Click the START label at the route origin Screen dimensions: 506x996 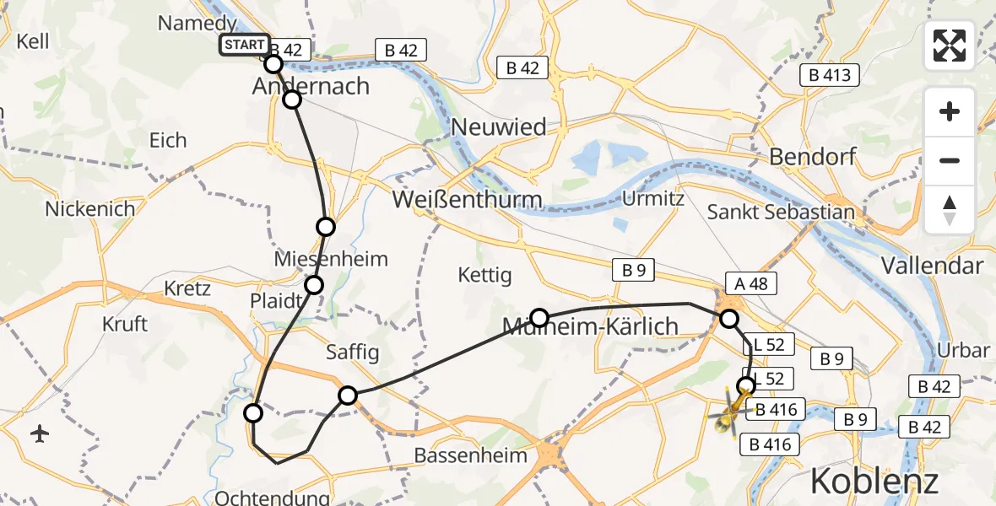[x=245, y=45]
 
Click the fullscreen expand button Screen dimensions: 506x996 [x=950, y=46]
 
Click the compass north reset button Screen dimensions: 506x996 [x=950, y=209]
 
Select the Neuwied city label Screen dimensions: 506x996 [x=499, y=127]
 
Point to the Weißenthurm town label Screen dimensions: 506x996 [x=467, y=200]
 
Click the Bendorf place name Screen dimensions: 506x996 [x=813, y=157]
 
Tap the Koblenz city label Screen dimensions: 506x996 [x=874, y=482]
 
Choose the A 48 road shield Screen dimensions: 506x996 [x=751, y=283]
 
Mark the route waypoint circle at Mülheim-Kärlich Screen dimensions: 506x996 [x=539, y=318]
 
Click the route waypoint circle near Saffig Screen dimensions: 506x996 [x=348, y=395]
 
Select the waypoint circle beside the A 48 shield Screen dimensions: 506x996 [x=728, y=319]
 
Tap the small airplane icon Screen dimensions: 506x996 [x=40, y=433]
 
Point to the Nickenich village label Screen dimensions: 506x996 [x=89, y=209]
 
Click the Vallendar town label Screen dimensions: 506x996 [x=932, y=266]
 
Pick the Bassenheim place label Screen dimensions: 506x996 [x=471, y=455]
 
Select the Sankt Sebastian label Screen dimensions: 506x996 [x=781, y=212]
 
